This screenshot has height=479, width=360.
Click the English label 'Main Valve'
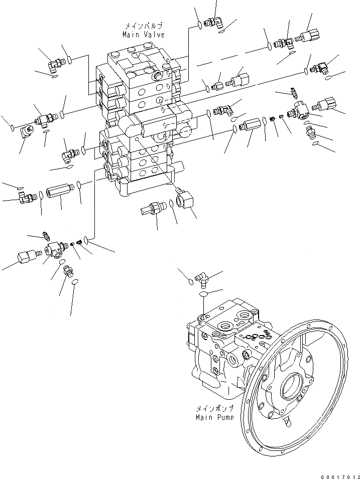point(143,35)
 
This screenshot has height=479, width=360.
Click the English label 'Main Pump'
point(214,417)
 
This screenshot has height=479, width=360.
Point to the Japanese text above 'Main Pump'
point(214,409)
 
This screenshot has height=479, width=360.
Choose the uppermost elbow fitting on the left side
point(56,63)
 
